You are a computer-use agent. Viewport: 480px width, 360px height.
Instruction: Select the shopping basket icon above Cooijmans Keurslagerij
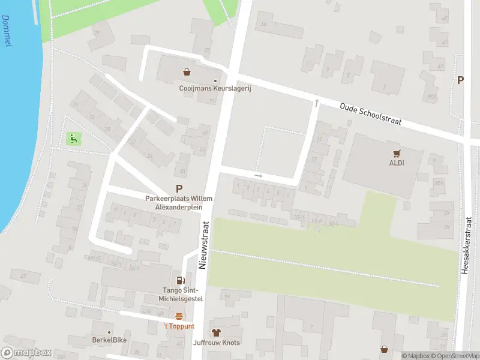click(187, 72)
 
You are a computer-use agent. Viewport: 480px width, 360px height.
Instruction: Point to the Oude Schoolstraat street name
click(370, 113)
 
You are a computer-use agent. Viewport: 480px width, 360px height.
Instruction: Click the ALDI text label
click(395, 163)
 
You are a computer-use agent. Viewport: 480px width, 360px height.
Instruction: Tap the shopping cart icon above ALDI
click(395, 152)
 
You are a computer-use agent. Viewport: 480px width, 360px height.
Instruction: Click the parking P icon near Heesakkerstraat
click(461, 80)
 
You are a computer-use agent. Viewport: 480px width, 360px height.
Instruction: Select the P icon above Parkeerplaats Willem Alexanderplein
click(179, 188)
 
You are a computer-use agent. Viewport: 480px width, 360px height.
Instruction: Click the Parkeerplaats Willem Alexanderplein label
click(179, 203)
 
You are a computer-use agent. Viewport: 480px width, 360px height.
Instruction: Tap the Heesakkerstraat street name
click(466, 247)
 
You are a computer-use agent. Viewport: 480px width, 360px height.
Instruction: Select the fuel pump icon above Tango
click(180, 280)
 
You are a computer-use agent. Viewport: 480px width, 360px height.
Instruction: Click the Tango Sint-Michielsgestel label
click(180, 295)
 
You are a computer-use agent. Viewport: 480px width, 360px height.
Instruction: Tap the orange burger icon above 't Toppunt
click(179, 316)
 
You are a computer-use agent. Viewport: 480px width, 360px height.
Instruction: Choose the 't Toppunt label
click(179, 326)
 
